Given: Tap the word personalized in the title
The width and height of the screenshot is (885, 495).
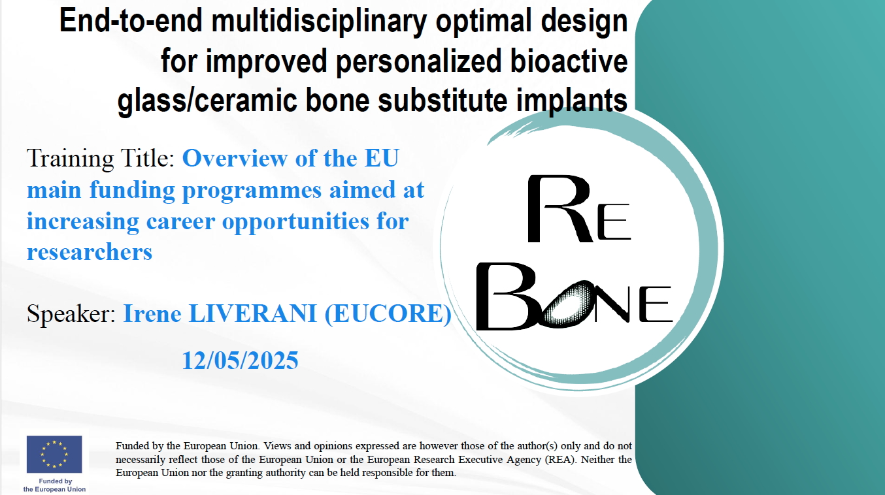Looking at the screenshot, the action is click(419, 61).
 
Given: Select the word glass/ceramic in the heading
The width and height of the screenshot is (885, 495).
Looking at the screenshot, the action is click(207, 101).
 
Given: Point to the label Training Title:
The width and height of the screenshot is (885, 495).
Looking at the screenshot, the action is click(101, 159).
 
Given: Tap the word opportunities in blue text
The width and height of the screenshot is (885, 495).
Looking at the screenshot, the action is click(295, 222).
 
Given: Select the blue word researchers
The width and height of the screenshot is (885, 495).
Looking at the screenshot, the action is click(90, 252).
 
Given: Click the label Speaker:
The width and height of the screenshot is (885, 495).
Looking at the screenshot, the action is click(71, 314).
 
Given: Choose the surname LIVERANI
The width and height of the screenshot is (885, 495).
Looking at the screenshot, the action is click(253, 313).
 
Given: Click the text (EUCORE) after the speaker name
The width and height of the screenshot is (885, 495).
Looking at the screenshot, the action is click(388, 314).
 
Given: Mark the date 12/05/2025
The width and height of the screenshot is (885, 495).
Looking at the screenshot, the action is click(240, 360).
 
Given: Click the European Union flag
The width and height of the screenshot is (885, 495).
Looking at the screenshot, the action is click(54, 455).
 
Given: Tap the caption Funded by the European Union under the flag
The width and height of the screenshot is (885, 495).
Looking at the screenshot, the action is click(54, 485).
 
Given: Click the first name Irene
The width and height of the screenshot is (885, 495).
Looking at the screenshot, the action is click(152, 313).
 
